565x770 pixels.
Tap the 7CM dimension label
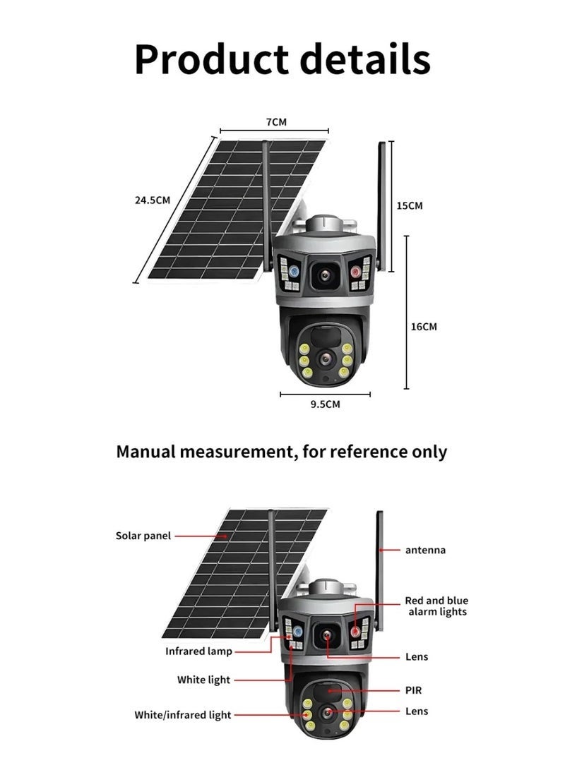pos(276,122)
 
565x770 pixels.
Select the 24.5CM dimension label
pos(153,200)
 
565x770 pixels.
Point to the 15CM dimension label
pos(409,205)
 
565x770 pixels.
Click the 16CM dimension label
pos(424,326)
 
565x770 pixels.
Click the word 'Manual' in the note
pos(144,452)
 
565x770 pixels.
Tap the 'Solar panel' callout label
pos(143,536)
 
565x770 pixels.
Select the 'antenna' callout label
pos(425,549)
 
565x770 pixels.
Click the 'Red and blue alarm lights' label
pos(436,606)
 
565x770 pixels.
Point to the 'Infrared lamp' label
pos(198,651)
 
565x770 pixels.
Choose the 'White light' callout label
pos(203,680)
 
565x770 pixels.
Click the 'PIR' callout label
pos(413,690)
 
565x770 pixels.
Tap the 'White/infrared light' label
pos(183,715)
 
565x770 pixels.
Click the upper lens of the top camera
pos(326,275)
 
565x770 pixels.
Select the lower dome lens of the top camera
pos(326,358)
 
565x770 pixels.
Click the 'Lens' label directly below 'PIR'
pos(417,711)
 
